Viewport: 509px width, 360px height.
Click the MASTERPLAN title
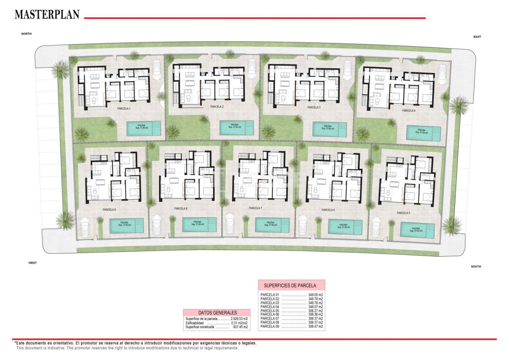tap(47, 14)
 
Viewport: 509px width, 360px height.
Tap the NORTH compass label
tap(26, 34)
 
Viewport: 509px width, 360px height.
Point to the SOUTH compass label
tap(476, 267)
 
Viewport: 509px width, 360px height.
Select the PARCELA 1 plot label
tap(124, 108)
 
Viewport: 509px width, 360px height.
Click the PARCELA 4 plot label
tap(408, 111)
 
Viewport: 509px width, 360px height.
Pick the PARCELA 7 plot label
tap(255, 208)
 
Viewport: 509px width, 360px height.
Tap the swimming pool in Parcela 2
tap(237, 127)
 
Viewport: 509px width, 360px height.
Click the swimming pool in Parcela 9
tap(126, 225)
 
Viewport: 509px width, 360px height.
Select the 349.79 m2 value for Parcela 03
tap(315, 303)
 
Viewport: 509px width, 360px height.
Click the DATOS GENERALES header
tap(217, 313)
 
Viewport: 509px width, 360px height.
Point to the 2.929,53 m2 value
tap(239, 319)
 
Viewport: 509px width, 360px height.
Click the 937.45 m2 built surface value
tap(240, 327)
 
